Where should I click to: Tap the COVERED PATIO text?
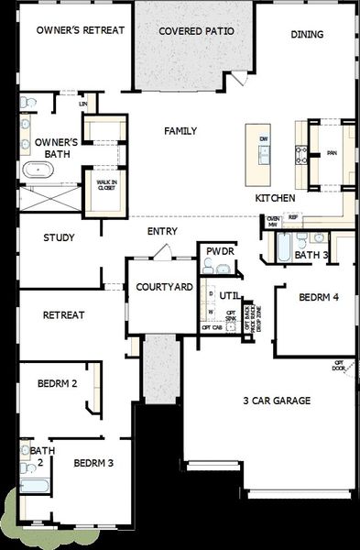point(195,31)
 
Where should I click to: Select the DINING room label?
point(307,34)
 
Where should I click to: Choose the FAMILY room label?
point(180,131)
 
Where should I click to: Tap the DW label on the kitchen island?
point(263,138)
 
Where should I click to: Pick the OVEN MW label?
point(273,220)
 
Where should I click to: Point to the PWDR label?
point(220,250)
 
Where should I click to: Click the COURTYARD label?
point(164,287)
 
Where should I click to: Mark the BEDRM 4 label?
point(319,297)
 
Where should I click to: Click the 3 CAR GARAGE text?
point(277,401)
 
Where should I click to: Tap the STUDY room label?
point(59,237)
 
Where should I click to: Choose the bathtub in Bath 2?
point(27,487)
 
